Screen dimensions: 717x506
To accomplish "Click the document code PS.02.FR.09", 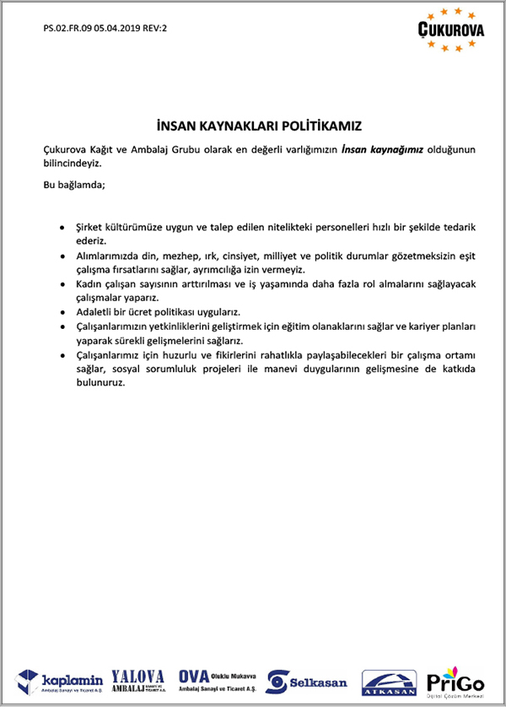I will (68, 29).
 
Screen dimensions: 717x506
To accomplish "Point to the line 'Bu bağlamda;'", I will (75, 184).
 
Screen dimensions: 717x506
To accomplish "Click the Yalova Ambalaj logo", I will (138, 680).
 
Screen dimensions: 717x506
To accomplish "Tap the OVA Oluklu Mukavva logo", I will (218, 680).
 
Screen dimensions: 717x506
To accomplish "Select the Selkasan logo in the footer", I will (307, 681).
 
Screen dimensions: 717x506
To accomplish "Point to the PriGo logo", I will (455, 681).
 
